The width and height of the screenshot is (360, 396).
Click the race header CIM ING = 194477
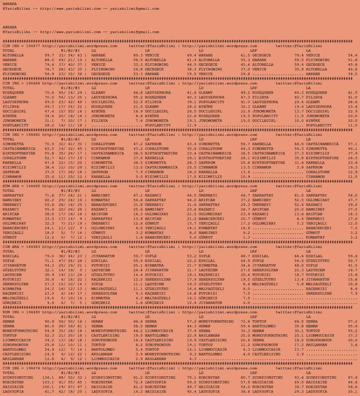[x=21, y=46]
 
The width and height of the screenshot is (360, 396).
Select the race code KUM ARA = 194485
[x=21, y=186]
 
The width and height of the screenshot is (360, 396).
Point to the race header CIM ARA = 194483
[x=21, y=247]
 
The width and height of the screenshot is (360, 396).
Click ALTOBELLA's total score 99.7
[x=49, y=55]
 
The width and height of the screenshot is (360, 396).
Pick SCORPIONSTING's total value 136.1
[x=48, y=377]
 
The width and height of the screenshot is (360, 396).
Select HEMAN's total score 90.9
[x=49, y=321]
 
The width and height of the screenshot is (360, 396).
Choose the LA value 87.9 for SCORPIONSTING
[x=353, y=377]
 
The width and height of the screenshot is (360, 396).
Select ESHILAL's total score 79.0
[x=49, y=256]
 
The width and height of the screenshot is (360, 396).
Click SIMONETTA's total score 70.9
[x=49, y=144]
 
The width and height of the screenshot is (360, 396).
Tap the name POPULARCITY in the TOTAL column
[x=15, y=125]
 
